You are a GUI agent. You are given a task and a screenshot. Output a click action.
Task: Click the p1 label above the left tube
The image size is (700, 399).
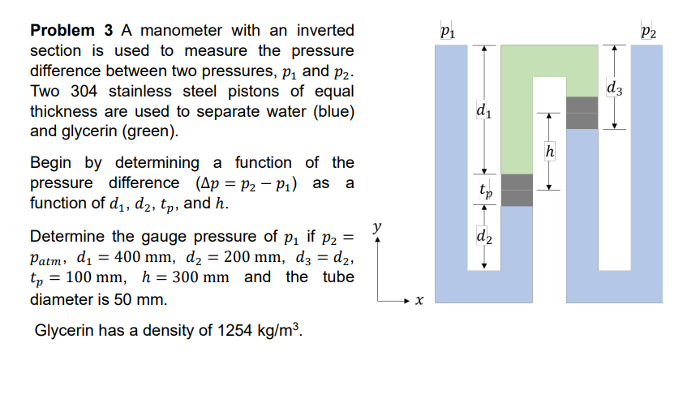(445, 33)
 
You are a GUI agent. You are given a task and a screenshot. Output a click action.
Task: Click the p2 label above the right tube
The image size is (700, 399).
(646, 33)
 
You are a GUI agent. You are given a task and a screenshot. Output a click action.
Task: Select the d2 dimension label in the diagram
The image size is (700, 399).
(483, 238)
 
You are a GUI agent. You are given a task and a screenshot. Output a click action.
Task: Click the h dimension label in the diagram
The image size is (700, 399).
(550, 151)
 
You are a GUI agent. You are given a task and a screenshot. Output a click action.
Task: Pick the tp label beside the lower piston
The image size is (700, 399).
(483, 192)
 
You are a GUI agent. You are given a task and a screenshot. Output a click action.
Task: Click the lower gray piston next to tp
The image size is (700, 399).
(517, 190)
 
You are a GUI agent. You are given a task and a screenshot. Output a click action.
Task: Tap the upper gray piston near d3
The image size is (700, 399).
(582, 113)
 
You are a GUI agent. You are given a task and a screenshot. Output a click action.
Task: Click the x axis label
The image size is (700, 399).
(419, 301)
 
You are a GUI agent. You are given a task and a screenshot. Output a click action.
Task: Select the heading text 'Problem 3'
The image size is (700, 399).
(71, 31)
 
